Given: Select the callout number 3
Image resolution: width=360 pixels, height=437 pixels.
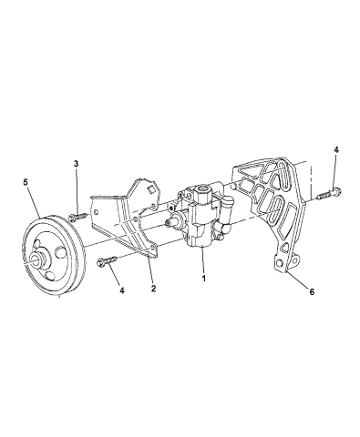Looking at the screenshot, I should (75, 163).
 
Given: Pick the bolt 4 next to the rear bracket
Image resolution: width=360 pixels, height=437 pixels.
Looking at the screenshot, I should (329, 193).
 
